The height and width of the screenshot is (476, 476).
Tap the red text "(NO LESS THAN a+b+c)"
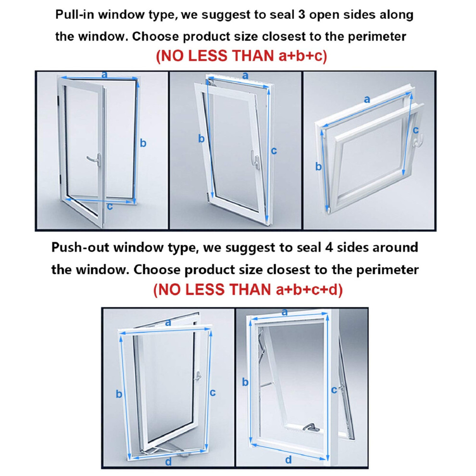(241, 56)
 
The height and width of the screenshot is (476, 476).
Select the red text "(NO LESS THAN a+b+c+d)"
(248, 289)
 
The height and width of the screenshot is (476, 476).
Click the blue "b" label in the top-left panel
(143, 143)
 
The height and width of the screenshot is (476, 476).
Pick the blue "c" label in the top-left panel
(110, 206)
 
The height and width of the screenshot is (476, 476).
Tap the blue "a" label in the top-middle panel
(245, 75)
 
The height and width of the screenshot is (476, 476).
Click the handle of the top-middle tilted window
(255, 159)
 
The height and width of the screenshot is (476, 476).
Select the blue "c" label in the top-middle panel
(274, 150)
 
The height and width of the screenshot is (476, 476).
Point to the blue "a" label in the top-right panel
(367, 99)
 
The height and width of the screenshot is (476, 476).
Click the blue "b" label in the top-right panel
(318, 166)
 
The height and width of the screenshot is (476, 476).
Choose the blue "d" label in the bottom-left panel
(168, 462)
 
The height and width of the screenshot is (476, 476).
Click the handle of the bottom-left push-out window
(198, 376)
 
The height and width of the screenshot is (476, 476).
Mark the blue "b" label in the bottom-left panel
(119, 394)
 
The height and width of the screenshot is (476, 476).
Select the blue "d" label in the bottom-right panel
(288, 460)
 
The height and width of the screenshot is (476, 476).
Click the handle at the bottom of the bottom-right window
(311, 427)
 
